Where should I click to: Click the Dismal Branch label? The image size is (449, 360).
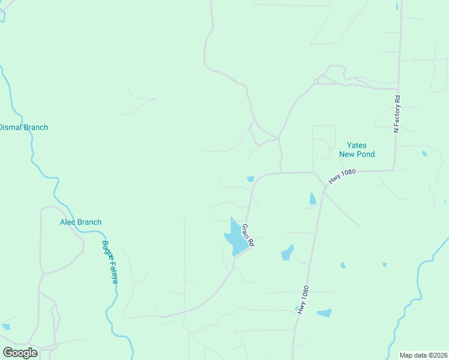[x=23, y=127]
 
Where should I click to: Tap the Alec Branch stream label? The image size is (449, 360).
[x=80, y=222]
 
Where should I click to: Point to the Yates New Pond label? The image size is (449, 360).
[x=357, y=149]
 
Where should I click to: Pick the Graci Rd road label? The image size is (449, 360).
[x=249, y=235]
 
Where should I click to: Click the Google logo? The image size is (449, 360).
[x=20, y=352]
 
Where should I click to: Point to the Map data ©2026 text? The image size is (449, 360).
[x=423, y=355]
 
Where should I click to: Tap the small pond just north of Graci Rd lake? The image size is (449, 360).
[x=250, y=178]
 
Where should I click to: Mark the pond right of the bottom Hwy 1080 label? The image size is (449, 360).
[x=324, y=313]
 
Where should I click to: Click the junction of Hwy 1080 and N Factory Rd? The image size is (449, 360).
[x=393, y=170]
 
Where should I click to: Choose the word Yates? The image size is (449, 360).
[x=357, y=145]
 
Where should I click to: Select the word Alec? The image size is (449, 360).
[x=68, y=222]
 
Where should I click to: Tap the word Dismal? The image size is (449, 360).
[x=10, y=127]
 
